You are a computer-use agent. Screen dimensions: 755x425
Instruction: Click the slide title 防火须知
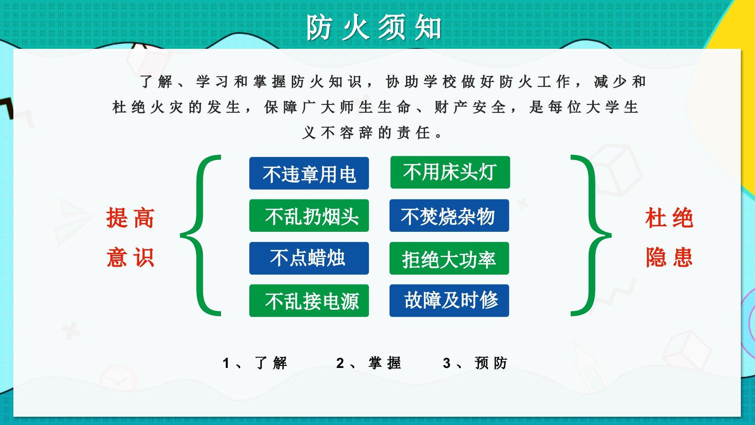click(x=374, y=28)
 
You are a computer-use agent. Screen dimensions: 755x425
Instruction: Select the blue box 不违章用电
click(x=309, y=173)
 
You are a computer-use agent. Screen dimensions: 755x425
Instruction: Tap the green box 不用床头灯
click(x=450, y=172)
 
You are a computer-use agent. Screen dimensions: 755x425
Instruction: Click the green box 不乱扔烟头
click(x=309, y=216)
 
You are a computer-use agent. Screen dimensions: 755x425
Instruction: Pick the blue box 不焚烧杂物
click(x=449, y=216)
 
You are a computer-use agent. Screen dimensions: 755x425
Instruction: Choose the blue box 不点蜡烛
click(x=309, y=258)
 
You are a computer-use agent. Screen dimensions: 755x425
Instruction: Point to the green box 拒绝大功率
click(x=449, y=258)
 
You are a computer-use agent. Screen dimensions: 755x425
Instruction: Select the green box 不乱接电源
click(x=309, y=301)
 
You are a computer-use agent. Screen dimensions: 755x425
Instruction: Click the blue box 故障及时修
click(x=449, y=301)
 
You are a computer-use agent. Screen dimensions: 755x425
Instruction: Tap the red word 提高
click(x=130, y=218)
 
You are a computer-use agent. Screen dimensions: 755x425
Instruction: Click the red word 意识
click(x=130, y=257)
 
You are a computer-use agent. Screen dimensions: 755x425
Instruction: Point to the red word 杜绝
click(x=669, y=218)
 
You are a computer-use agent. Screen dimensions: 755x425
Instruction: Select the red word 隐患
click(x=669, y=257)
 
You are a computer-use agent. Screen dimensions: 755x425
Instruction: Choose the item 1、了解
click(x=255, y=363)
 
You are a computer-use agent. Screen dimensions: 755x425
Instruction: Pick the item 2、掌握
click(x=368, y=363)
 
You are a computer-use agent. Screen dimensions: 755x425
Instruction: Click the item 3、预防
click(x=475, y=363)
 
